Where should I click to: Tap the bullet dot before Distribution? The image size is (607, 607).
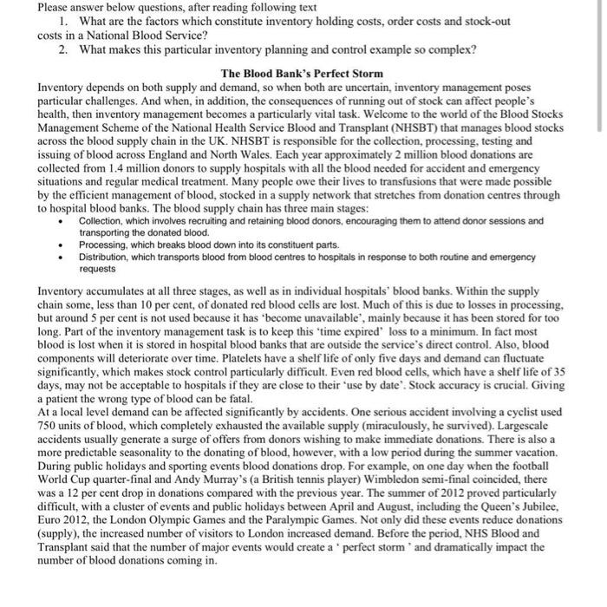click(x=60, y=258)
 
